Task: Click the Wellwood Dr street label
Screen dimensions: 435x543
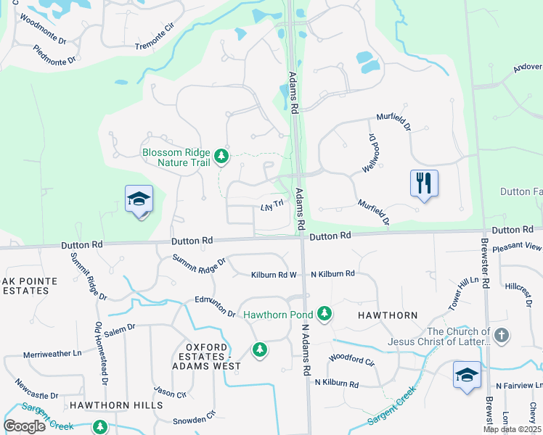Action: (373, 152)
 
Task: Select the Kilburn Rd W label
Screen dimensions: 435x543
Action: (274, 275)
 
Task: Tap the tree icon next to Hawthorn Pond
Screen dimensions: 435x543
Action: (324, 314)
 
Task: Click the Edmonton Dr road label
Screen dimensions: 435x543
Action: (215, 306)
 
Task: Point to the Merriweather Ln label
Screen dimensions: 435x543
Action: (52, 353)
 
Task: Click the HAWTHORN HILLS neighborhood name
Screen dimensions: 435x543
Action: (116, 405)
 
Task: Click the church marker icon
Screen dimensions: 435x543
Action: (502, 336)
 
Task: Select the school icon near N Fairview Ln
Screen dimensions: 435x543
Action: (467, 376)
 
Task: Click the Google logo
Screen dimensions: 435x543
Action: (24, 426)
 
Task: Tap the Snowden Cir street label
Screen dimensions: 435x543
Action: (194, 418)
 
